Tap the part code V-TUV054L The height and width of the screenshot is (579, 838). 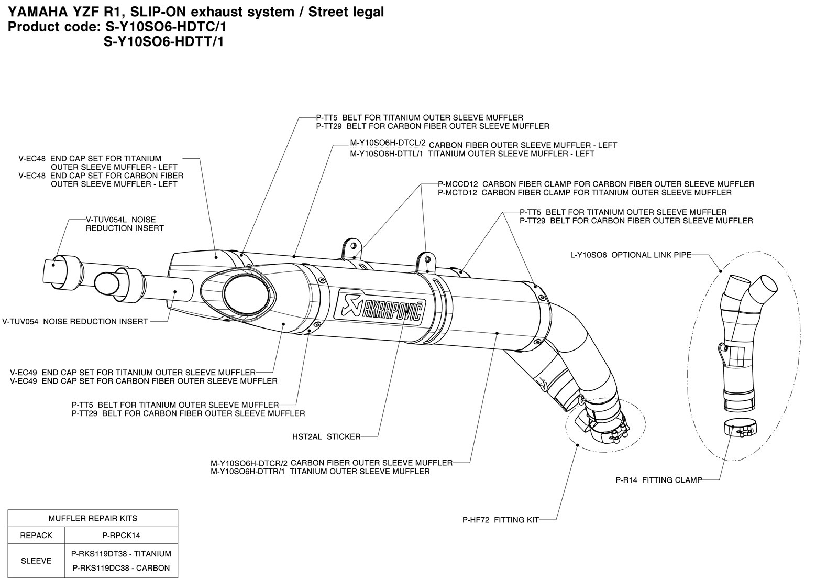tap(107, 220)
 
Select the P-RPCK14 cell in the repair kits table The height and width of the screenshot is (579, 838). tap(121, 536)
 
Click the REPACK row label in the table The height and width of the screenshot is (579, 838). tap(36, 536)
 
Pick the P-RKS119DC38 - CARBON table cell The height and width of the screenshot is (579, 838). tap(121, 568)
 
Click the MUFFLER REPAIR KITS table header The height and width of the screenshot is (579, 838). tap(93, 518)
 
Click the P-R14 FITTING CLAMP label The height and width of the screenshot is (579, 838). tap(658, 479)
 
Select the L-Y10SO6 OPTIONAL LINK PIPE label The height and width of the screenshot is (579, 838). tap(631, 255)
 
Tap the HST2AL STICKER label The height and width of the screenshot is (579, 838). tap(326, 436)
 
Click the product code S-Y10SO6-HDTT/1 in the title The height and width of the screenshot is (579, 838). tap(164, 42)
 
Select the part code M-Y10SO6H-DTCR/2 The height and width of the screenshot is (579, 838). tap(249, 463)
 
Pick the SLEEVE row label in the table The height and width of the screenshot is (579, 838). tap(36, 561)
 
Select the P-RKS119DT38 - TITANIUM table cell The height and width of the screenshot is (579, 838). tap(121, 553)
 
